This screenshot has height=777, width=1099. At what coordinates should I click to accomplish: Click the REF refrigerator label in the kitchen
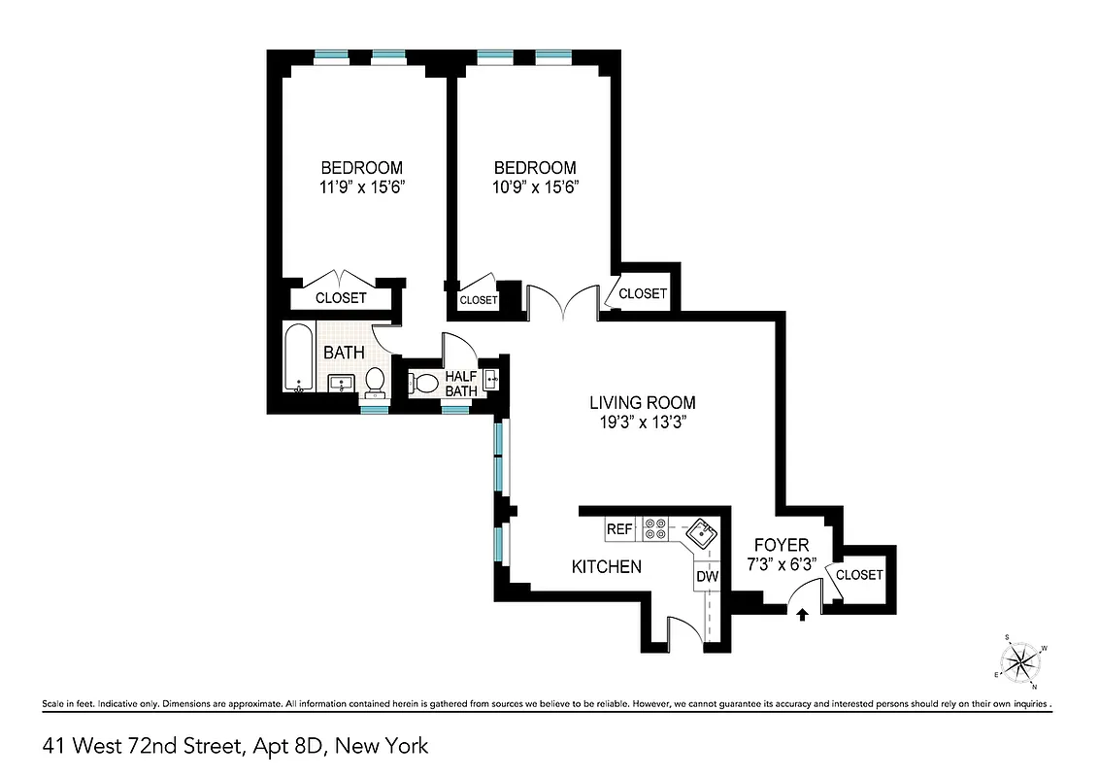[x=619, y=530]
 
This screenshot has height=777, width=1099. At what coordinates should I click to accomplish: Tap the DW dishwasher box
[x=708, y=577]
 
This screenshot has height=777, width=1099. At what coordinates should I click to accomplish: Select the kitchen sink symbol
[x=700, y=533]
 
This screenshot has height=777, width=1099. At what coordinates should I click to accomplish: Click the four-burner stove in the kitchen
[x=655, y=528]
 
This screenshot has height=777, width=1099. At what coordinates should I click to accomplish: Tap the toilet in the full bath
[x=375, y=382]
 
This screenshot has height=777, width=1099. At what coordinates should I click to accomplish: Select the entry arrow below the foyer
[x=802, y=614]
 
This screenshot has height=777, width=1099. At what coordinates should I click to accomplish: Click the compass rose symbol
[x=1021, y=663]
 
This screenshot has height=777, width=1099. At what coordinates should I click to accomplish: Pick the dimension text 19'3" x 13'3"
[x=643, y=422]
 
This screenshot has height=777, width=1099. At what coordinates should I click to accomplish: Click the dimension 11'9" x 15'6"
[x=361, y=187]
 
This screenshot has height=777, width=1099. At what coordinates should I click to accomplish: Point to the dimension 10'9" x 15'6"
[x=534, y=187]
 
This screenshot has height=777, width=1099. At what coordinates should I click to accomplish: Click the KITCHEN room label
[x=606, y=566]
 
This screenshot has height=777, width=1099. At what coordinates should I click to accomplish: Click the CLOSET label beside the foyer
[x=859, y=575]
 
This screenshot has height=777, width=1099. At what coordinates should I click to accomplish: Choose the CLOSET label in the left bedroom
[x=341, y=298]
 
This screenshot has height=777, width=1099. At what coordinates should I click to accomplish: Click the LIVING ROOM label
[x=643, y=402]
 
